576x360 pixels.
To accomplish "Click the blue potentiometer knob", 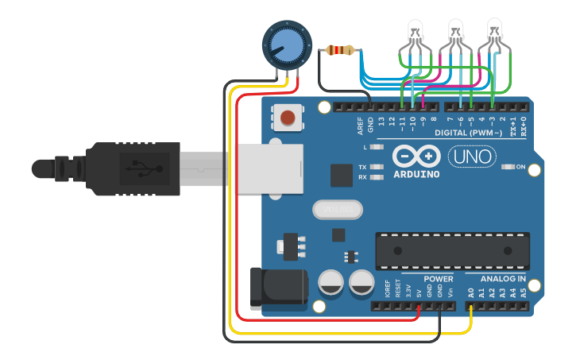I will coord(284,44).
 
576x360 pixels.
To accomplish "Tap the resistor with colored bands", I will coord(340,51).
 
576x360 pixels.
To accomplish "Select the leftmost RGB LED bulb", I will coord(416,33).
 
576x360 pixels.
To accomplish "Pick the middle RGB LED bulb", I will coord(456,33).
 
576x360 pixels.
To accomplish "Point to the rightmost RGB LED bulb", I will coord(495,33).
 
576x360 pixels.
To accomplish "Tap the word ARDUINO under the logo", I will coord(415,174).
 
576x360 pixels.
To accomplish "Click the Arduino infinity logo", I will coord(415,157).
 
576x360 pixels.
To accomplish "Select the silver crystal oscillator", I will coord(337,209).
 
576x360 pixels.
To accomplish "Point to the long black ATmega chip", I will coord(452,251).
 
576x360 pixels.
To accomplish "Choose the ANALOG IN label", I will coord(502,279).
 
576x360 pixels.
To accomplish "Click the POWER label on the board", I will coord(438,279).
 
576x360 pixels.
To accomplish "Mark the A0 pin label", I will coord(471,292).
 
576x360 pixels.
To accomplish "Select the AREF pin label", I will coord(360,124).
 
